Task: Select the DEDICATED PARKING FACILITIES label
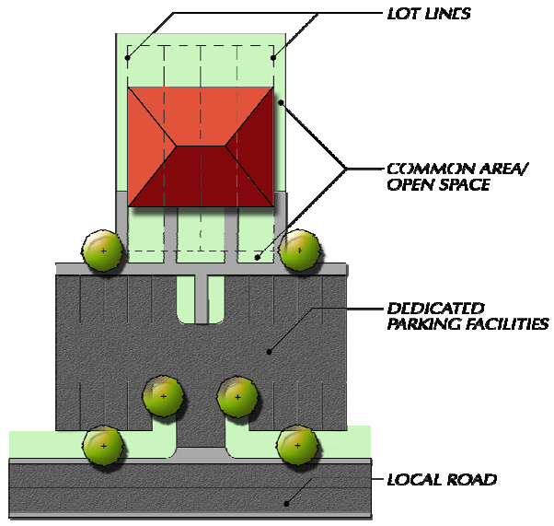468,316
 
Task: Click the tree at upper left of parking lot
103,251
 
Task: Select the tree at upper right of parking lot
299,251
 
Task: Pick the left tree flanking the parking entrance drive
164,396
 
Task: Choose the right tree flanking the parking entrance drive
238,396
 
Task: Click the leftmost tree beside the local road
103,446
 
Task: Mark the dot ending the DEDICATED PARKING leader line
270,351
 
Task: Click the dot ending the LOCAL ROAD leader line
287,504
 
